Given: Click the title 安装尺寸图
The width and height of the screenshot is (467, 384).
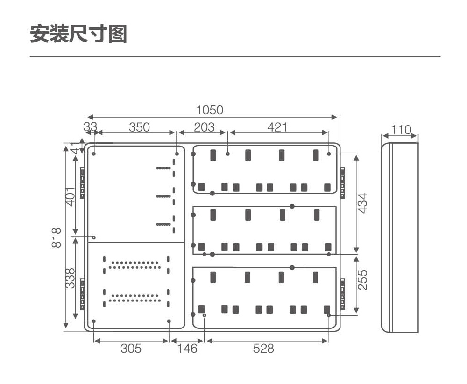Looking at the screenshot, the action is pos(78,34).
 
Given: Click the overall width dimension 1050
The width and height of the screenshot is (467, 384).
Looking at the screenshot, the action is pos(210,110).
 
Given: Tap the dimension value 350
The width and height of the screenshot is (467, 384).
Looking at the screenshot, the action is pos(139,127).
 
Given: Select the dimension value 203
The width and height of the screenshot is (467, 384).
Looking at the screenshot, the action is pos(205,127).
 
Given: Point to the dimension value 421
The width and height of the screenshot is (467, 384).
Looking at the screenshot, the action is pos(277,127).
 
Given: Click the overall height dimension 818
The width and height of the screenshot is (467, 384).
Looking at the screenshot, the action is pos(57,237).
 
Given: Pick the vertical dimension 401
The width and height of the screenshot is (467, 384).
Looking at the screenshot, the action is pos(71,196).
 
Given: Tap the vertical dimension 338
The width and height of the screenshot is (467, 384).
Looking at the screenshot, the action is pos(71,279).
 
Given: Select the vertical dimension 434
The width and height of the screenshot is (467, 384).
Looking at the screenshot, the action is pos(362,203).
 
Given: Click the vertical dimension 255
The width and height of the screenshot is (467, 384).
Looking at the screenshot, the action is pos(362,280).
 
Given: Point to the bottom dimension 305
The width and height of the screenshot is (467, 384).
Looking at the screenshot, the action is pos(131,348).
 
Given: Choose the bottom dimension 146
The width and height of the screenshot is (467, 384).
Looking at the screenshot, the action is pos(187,348).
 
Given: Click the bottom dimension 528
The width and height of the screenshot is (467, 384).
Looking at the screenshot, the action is pos(263,348).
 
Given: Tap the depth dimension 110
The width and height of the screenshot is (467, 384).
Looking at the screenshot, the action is pos(401,130).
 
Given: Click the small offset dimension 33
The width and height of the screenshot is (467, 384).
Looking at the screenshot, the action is pos(90,126).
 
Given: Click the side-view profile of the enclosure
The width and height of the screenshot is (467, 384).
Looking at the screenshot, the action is pos(400,237).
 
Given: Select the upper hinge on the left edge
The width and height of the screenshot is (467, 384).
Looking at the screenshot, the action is pos(82,183).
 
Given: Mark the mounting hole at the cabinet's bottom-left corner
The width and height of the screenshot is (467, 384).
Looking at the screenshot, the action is pos(94,321).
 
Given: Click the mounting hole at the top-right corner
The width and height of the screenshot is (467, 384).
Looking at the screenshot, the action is pos(329,154).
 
